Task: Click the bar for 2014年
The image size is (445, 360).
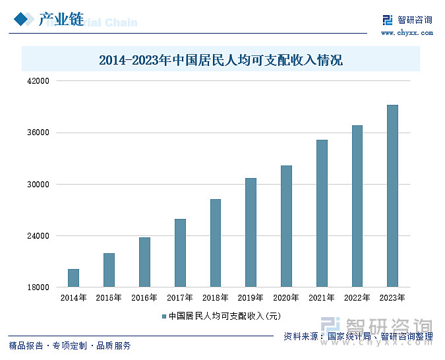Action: click(x=73, y=278)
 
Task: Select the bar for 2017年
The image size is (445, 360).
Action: click(x=180, y=253)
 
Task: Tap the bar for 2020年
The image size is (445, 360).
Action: click(x=286, y=226)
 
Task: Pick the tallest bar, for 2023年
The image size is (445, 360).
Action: click(x=392, y=196)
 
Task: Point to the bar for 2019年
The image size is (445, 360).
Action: click(x=251, y=232)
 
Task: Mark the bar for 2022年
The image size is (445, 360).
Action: click(x=357, y=206)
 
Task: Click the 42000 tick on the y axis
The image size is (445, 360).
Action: click(x=38, y=81)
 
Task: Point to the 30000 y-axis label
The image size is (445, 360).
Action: click(x=38, y=185)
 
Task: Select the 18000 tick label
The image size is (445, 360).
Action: click(x=38, y=287)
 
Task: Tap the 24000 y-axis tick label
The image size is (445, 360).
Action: click(x=38, y=236)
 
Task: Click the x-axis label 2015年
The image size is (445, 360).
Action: click(x=109, y=298)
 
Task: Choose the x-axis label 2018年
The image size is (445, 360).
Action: click(x=215, y=298)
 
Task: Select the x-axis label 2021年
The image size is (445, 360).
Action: click(x=321, y=298)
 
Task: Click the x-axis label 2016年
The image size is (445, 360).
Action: click(x=144, y=298)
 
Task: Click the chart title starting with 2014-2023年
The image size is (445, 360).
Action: click(x=221, y=61)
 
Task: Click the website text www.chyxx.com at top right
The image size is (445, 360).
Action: click(x=407, y=32)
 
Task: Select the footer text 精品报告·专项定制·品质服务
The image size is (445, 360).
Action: click(x=70, y=345)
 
